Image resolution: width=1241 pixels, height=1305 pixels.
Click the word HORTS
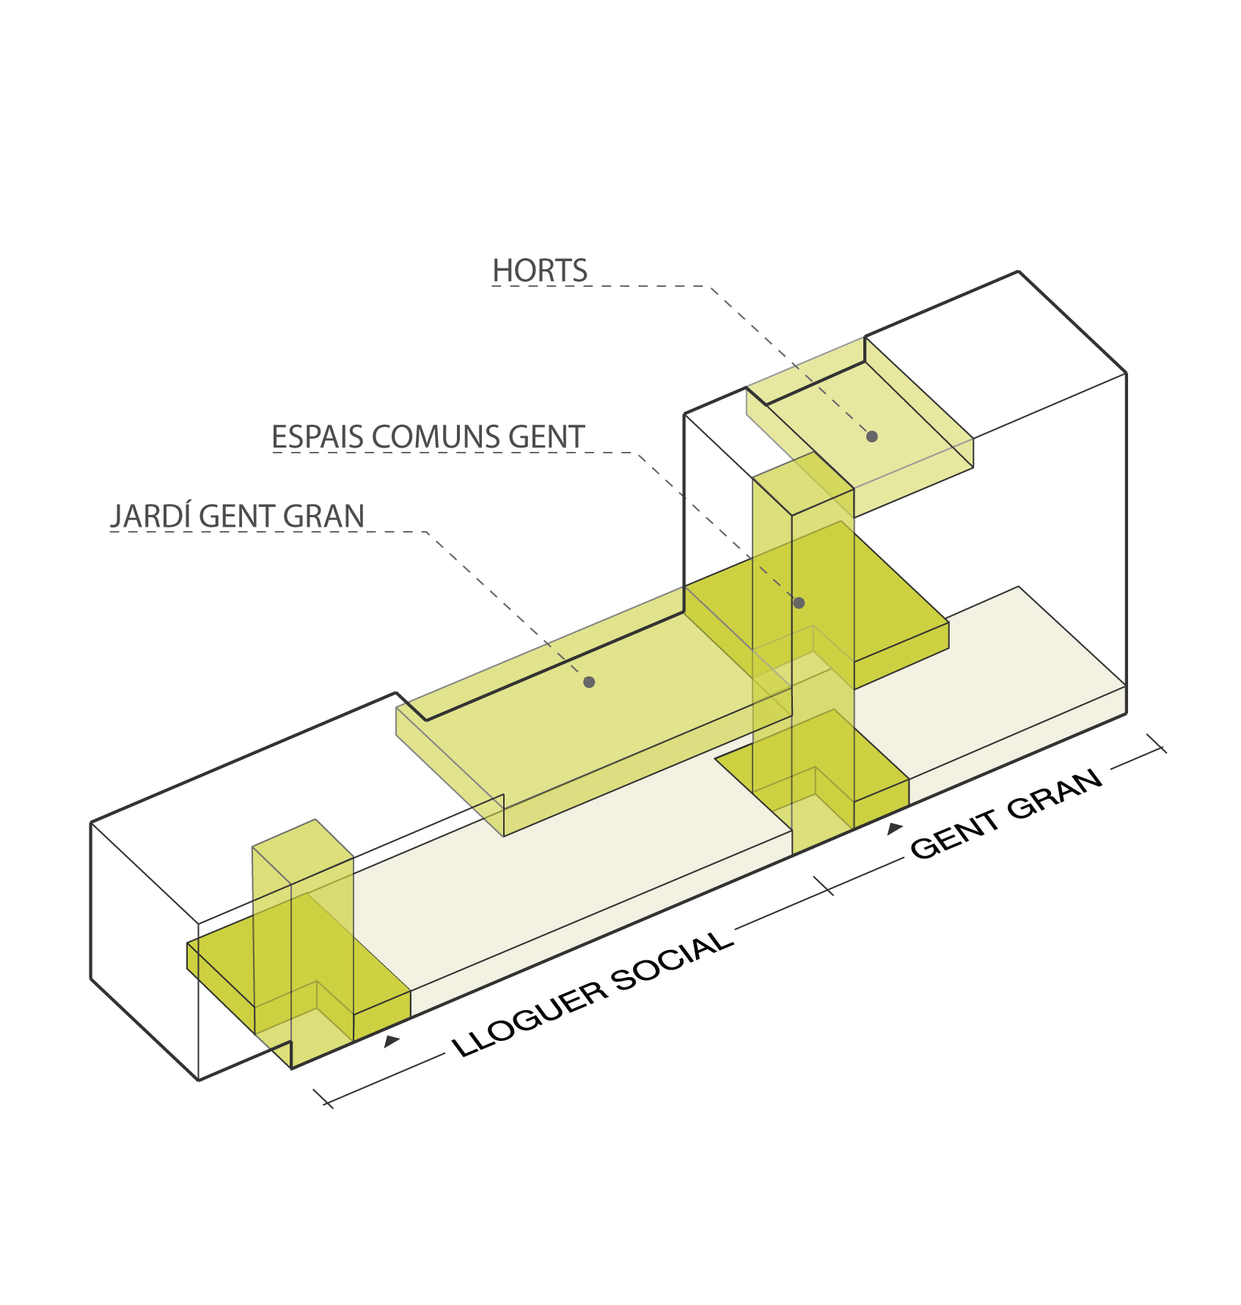(540, 271)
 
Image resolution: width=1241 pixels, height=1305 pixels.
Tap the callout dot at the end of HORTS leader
(872, 436)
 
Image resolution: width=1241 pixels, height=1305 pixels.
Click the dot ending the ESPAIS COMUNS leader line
(799, 603)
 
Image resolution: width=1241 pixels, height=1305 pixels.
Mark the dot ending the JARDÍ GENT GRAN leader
(589, 682)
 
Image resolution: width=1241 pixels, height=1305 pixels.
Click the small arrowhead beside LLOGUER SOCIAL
(392, 1041)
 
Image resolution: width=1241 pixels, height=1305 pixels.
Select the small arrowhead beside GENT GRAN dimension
(894, 829)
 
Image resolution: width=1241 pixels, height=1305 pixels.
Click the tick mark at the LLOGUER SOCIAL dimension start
(323, 1098)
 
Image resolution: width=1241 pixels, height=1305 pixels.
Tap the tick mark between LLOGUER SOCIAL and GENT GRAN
(824, 886)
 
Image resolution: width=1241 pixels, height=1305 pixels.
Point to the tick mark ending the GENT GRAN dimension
(1156, 743)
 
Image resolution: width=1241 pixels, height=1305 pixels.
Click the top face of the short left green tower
(303, 852)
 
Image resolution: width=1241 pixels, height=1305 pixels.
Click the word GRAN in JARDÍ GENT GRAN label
(323, 516)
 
